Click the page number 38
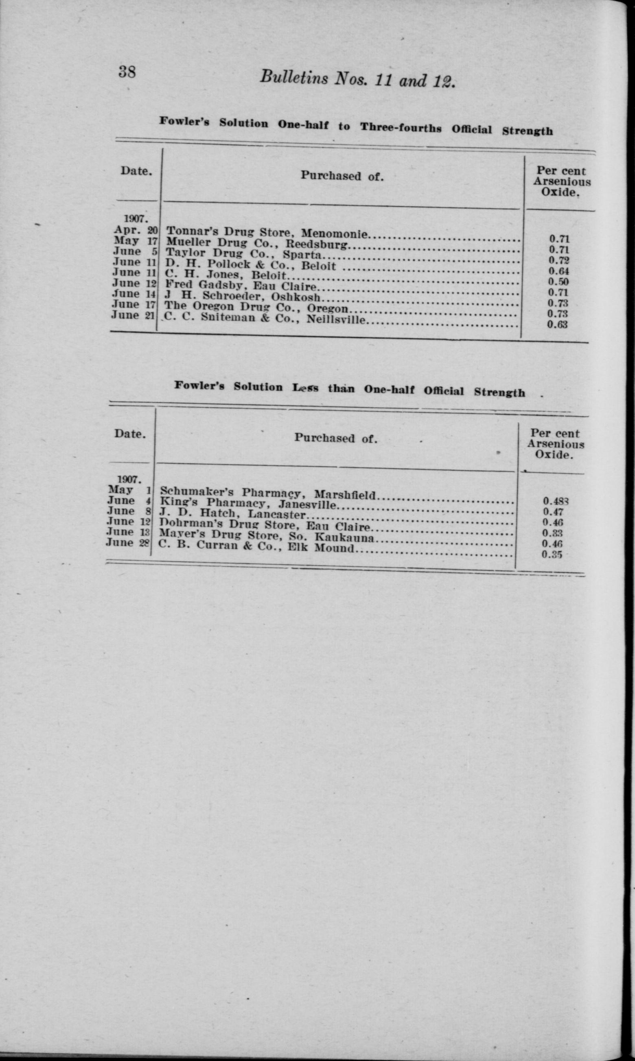pyautogui.click(x=127, y=72)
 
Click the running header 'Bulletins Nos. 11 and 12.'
pyautogui.click(x=357, y=79)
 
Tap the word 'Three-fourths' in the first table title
pyautogui.click(x=401, y=127)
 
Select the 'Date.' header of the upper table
pyautogui.click(x=136, y=171)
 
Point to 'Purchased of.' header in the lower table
pyautogui.click(x=335, y=438)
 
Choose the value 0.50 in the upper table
pyautogui.click(x=558, y=282)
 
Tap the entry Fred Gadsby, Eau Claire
pyautogui.click(x=241, y=285)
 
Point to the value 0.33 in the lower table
pyautogui.click(x=552, y=533)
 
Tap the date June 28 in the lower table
pyautogui.click(x=128, y=543)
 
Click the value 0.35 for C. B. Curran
pyautogui.click(x=552, y=555)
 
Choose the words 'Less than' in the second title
pyautogui.click(x=324, y=388)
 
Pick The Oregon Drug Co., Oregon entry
pyautogui.click(x=256, y=307)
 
